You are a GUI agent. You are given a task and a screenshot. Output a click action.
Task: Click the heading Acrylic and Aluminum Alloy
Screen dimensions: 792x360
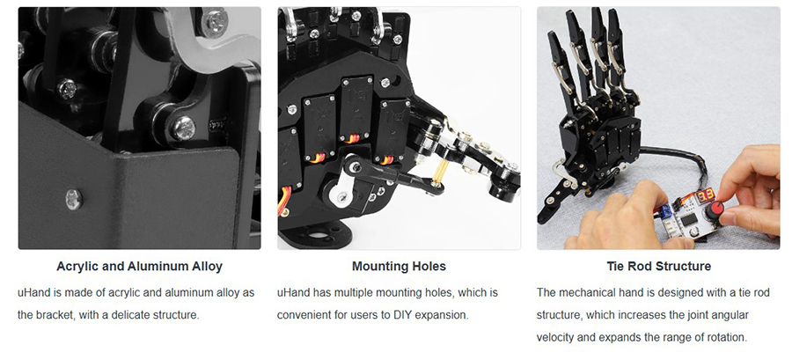coord(139,266)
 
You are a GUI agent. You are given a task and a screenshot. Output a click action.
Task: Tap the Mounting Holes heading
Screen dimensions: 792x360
coord(399,266)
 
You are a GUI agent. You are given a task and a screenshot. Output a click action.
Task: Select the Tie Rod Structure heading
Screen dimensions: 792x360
coord(658,266)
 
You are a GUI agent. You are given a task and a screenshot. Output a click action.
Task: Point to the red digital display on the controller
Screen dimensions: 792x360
coord(706,195)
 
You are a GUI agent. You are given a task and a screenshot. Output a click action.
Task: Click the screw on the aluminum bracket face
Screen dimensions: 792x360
coord(74,199)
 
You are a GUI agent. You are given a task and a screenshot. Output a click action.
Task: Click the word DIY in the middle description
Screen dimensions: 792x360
coord(401,314)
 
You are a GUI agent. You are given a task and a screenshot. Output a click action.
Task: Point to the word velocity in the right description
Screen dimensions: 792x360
coord(555,337)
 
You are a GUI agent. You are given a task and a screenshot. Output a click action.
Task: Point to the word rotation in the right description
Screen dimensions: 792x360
coord(727,337)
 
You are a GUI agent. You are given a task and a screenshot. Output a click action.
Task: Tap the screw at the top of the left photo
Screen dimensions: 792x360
coord(214,21)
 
